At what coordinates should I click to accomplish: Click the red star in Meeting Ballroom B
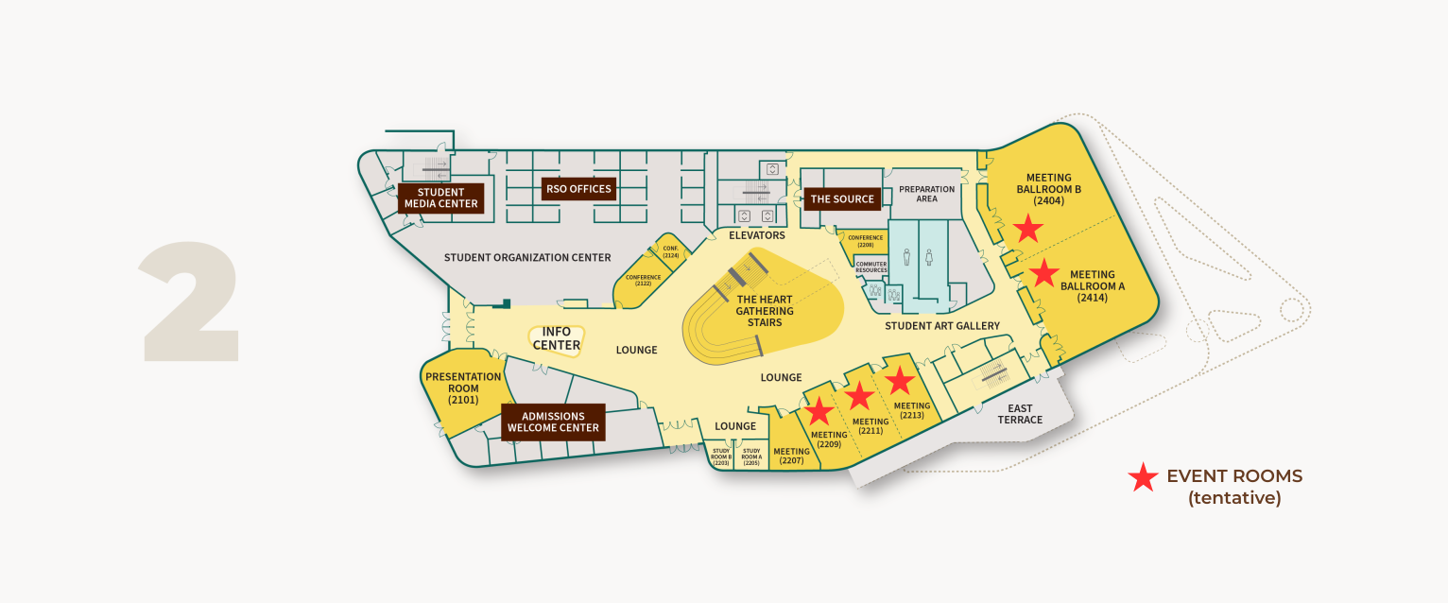coord(1028,229)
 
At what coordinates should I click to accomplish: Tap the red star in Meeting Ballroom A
coord(1043,273)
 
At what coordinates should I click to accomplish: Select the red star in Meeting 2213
coord(899,380)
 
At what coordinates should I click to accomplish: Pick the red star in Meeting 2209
coord(819,411)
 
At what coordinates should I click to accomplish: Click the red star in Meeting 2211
coord(859,397)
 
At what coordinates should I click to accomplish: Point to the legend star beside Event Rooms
coord(1144,478)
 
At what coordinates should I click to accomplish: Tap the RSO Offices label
coord(578,189)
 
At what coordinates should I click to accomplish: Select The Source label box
coord(843,199)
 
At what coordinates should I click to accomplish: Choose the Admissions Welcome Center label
coord(553,422)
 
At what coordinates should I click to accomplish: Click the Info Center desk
coord(557,339)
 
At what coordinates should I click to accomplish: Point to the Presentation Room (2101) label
coord(463,388)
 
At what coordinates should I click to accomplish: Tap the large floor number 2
coord(190,302)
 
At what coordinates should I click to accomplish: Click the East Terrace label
coord(1020,414)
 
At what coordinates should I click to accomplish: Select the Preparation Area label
coord(926,194)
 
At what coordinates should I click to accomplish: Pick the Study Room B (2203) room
coord(722,457)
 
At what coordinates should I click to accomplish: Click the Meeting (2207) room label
coord(791,457)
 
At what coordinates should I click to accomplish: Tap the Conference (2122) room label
coord(644,280)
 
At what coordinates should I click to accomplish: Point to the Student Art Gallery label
coord(942,326)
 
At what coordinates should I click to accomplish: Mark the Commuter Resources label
coord(871,267)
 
